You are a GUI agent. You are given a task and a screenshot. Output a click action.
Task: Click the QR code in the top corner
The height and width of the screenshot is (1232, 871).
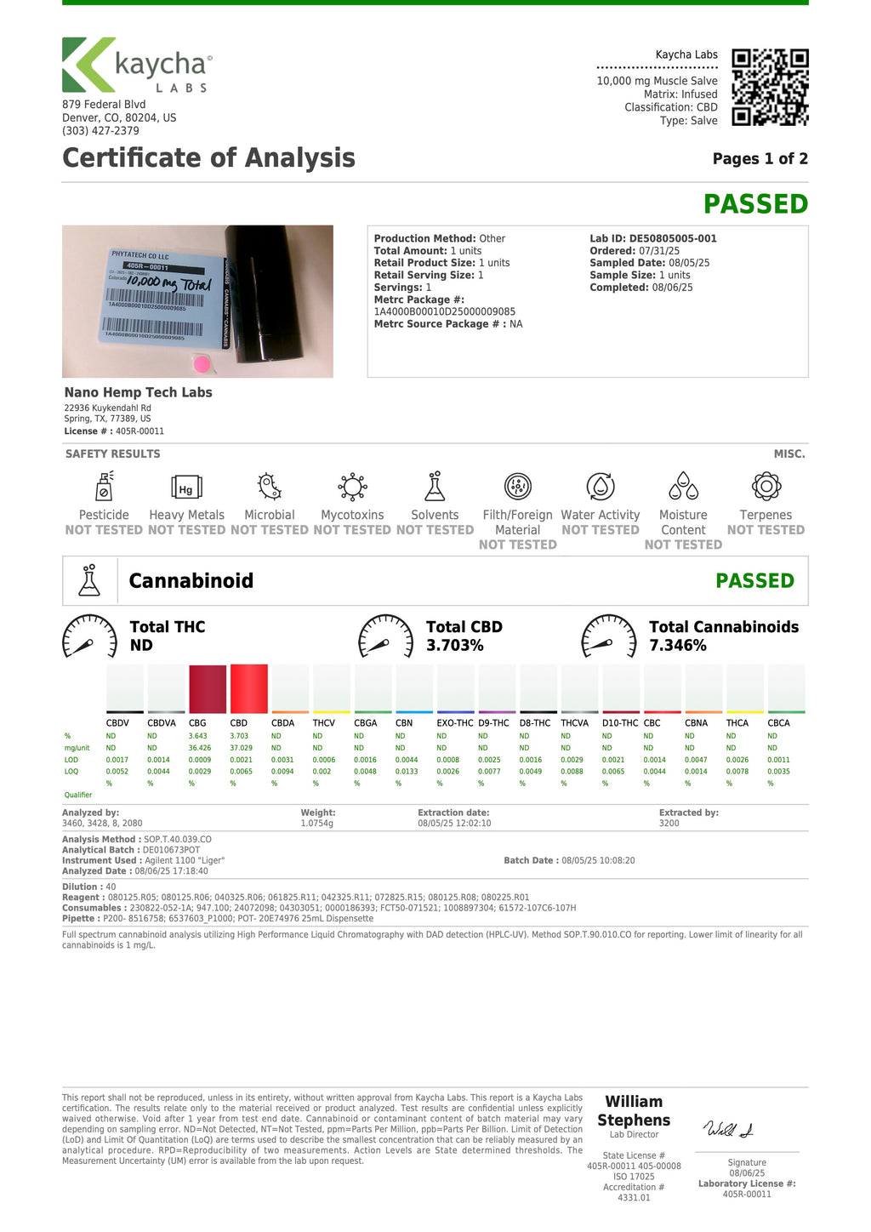[x=770, y=88]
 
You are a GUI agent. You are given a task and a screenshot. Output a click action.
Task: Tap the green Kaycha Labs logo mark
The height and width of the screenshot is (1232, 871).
[x=87, y=65]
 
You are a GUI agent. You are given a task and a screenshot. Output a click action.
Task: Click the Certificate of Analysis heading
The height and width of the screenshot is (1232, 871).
[x=208, y=158]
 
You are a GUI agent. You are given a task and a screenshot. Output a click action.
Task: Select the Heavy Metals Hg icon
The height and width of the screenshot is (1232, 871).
[x=186, y=487]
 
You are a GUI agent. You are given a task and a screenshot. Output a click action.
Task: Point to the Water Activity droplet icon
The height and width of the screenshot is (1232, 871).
[x=601, y=487]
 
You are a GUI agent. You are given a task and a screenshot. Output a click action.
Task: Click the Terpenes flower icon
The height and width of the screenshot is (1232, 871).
[x=766, y=487]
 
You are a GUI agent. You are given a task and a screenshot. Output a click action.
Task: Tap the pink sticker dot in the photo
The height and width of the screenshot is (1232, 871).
[x=202, y=364]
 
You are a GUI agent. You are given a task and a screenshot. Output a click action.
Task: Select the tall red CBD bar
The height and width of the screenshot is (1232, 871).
[x=248, y=688]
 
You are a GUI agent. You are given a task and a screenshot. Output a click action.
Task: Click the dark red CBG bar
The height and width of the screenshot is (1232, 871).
[x=208, y=689]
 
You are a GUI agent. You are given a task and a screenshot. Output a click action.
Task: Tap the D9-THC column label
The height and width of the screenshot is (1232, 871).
[x=493, y=723]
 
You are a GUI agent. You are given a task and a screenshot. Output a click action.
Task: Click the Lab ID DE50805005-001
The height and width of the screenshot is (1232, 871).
[x=653, y=239]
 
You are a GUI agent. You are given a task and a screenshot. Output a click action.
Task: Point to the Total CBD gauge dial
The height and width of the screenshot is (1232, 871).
[x=386, y=636]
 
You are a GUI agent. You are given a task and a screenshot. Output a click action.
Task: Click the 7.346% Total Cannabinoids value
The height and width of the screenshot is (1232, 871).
[x=678, y=646]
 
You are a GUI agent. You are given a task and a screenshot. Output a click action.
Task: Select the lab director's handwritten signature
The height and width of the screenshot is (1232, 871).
[x=728, y=1129]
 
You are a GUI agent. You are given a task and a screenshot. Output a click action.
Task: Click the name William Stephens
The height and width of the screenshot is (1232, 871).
[x=634, y=1111]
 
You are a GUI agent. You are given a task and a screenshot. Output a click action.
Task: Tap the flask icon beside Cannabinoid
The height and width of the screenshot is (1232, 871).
[x=89, y=580]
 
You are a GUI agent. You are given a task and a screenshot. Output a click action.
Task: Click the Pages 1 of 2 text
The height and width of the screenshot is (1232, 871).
[x=760, y=159]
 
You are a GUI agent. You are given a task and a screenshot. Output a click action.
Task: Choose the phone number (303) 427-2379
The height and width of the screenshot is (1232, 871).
[x=100, y=131]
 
